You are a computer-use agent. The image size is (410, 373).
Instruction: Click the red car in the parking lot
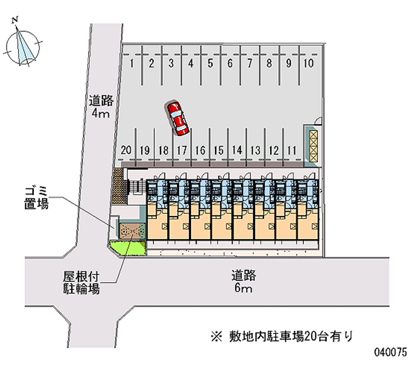point(177,118)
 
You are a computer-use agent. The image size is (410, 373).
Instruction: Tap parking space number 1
point(132,64)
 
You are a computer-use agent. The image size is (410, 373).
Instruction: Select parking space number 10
point(309,64)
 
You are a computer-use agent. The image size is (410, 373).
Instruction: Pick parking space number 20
point(127,150)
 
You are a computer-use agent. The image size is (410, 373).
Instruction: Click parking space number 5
point(210,64)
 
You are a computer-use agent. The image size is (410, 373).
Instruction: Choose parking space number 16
point(200,150)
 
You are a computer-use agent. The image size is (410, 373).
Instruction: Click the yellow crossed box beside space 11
point(313,144)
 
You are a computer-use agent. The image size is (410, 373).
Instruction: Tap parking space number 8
point(269,64)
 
